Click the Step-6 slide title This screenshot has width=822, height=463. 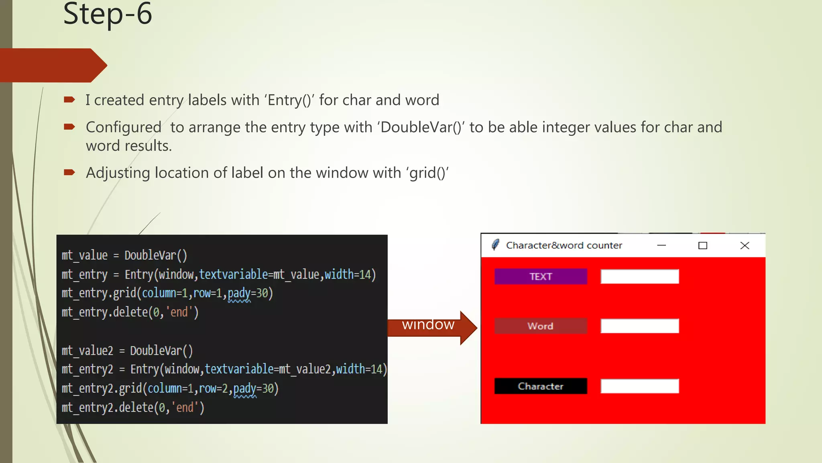pos(108,14)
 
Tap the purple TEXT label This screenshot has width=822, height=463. pos(540,277)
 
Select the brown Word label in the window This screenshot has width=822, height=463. pos(540,326)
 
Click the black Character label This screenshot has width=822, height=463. pos(540,386)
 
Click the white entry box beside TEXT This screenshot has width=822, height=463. pos(639,277)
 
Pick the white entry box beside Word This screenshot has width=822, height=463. pos(639,326)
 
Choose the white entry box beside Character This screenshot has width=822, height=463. pos(639,386)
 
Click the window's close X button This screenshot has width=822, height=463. pos(745,246)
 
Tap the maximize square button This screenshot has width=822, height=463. pos(702,246)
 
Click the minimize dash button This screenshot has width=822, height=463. pos(661,246)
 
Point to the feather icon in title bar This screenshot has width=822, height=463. pos(496,245)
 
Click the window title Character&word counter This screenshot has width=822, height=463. pos(564,246)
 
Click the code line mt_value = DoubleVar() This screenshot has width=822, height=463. pos(124,256)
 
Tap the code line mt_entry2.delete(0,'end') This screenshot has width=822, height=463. pos(133,408)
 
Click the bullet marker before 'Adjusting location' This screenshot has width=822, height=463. pos(69,172)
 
